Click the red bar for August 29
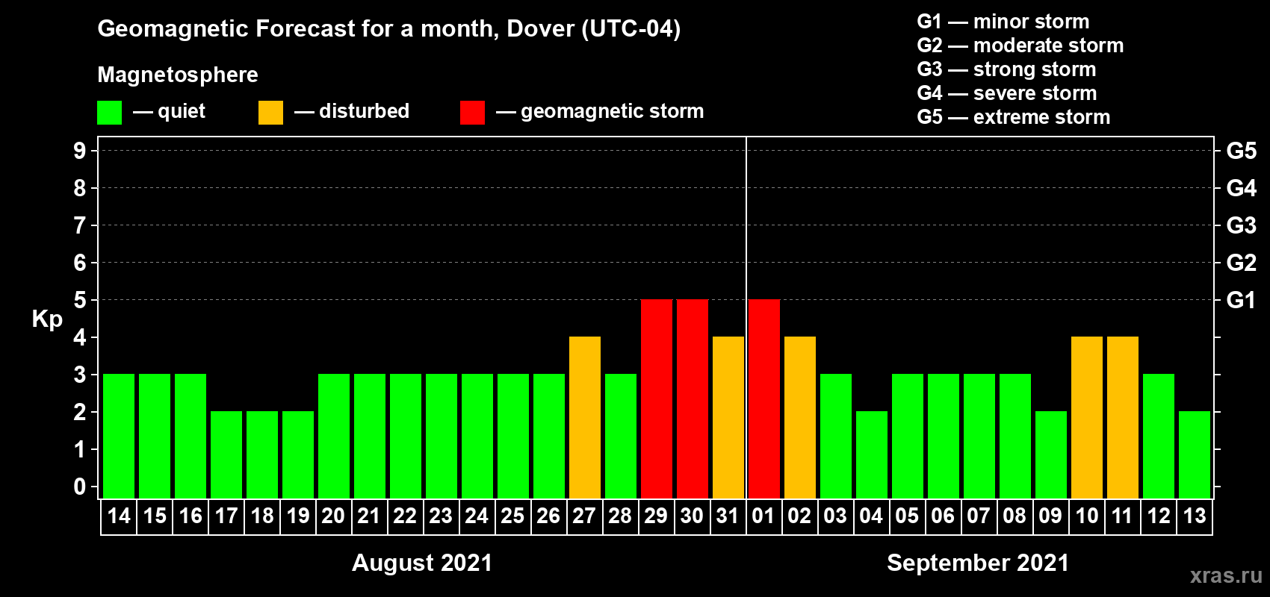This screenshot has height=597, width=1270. tap(656, 398)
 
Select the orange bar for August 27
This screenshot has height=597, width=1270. tap(584, 417)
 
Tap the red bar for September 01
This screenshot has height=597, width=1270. tap(763, 398)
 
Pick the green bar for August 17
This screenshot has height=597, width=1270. tap(226, 454)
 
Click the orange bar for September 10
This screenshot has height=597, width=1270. tap(1086, 417)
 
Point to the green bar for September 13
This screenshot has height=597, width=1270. tap(1194, 454)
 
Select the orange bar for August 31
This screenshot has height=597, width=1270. tap(728, 417)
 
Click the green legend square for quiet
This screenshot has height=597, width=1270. tap(109, 113)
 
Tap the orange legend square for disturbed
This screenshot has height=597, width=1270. tap(270, 113)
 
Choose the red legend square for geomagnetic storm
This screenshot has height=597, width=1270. tap(472, 113)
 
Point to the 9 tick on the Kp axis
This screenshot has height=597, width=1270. tap(80, 151)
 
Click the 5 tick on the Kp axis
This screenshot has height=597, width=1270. tap(80, 300)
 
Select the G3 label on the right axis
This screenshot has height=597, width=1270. tap(1241, 225)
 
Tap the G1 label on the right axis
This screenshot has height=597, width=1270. tap(1241, 300)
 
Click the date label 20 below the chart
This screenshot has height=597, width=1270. tap(333, 516)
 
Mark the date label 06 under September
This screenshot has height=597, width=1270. tap(943, 516)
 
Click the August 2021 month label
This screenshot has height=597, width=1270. tap(422, 563)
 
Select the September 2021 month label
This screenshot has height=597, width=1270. tap(978, 563)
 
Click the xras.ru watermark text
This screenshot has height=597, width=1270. tap(1226, 575)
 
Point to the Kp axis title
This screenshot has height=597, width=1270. tap(47, 319)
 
